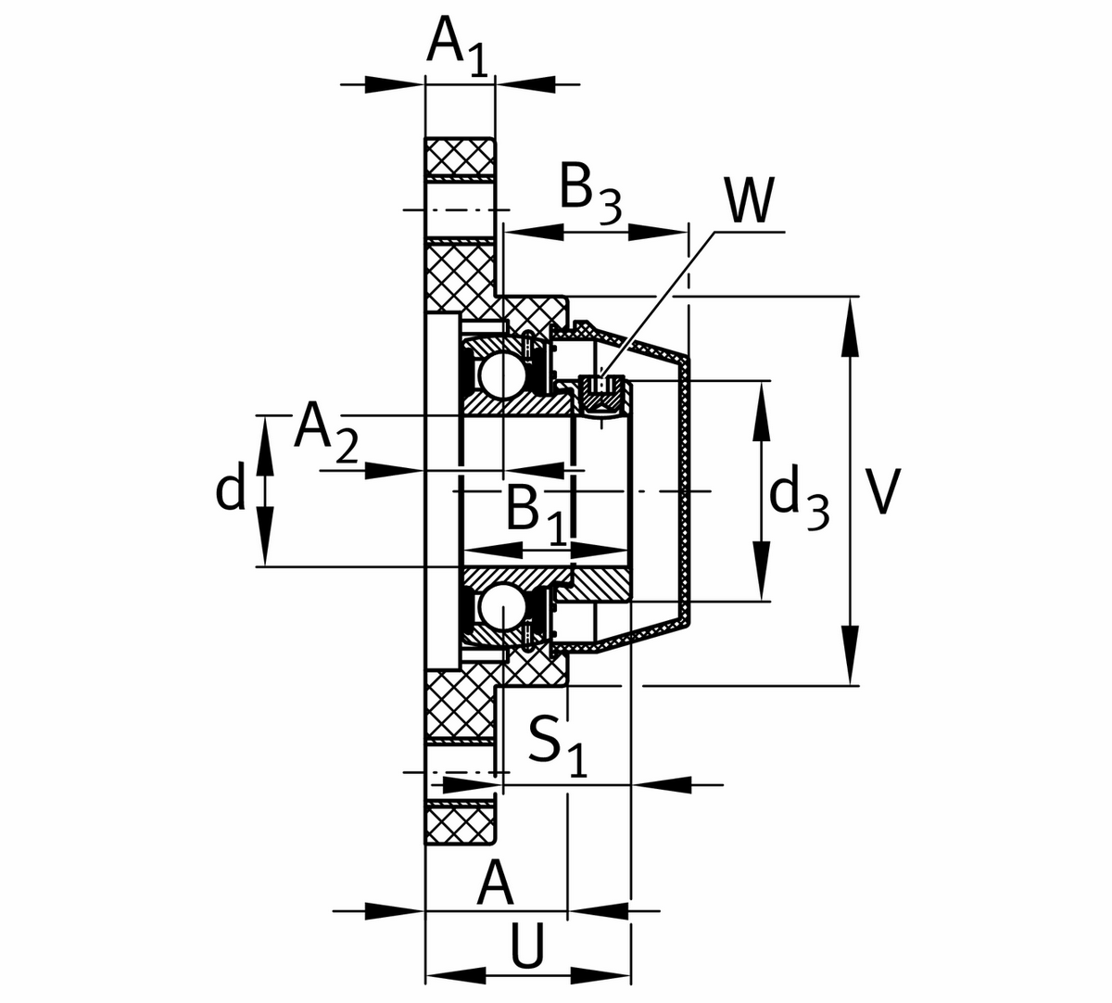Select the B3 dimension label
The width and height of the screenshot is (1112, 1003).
(591, 193)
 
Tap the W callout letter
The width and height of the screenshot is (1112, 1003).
(750, 200)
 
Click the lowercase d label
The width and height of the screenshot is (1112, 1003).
(231, 485)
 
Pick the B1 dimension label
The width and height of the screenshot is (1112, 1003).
(537, 514)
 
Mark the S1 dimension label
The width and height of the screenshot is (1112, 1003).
(557, 745)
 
